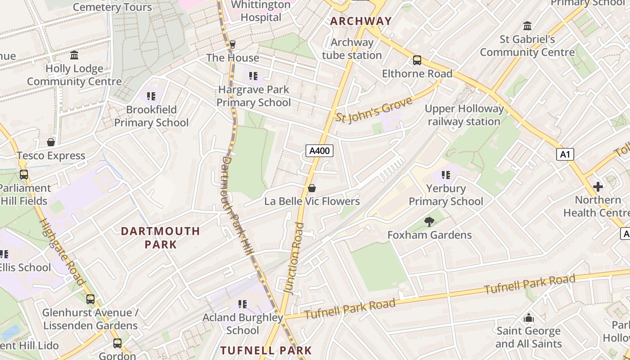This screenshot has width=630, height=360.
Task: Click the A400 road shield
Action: tap(319, 151)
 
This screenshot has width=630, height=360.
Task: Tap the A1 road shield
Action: tap(565, 154)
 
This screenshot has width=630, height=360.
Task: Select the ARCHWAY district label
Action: tap(361, 21)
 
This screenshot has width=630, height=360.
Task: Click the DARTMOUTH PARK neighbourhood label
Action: tap(160, 238)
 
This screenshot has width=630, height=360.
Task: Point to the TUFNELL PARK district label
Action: tap(265, 350)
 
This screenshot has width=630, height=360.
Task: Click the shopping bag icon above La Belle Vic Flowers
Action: tap(311, 188)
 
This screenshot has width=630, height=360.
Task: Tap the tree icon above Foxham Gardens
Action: tap(429, 221)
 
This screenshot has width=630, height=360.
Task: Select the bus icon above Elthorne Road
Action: tap(417, 60)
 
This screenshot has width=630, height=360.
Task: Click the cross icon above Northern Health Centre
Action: tap(598, 186)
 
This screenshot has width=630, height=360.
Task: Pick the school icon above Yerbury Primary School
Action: tap(445, 175)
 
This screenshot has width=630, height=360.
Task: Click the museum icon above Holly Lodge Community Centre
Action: tap(74, 55)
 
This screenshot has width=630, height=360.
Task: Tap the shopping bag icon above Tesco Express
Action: tap(51, 142)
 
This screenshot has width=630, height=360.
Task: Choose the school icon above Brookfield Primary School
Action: tap(151, 96)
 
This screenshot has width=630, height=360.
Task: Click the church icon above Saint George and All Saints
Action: tap(529, 318)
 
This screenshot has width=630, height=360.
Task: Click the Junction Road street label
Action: tap(295, 259)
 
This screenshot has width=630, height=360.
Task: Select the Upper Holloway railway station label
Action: tap(464, 115)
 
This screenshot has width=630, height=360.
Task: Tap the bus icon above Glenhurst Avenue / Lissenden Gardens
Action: tap(90, 299)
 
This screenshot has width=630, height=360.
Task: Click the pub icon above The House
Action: tap(232, 44)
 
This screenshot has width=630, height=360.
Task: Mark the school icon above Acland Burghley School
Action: tap(243, 304)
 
